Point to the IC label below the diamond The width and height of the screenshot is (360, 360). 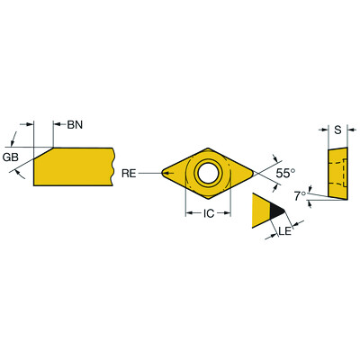[207, 213]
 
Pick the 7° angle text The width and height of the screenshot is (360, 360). [301, 193]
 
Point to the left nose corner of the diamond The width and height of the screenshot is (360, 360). [163, 171]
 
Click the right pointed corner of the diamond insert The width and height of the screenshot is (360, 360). [252, 171]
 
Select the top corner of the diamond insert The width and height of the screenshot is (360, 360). [207, 147]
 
